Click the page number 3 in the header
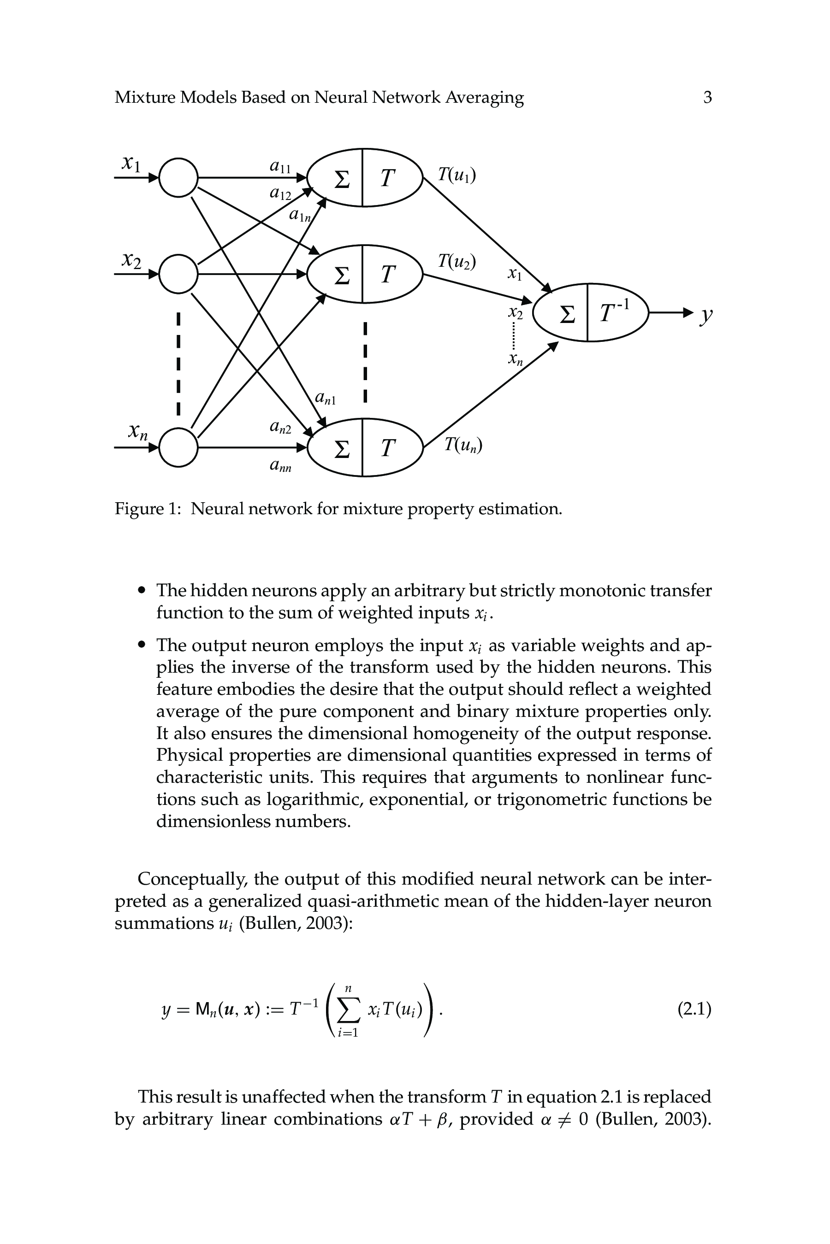pyautogui.click(x=707, y=97)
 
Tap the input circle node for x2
pyautogui.click(x=178, y=274)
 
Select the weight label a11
pyautogui.click(x=280, y=167)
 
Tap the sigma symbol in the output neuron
pyautogui.click(x=567, y=315)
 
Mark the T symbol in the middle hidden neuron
pyautogui.click(x=388, y=275)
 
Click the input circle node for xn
pyautogui.click(x=178, y=448)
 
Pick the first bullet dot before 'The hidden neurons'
pyautogui.click(x=142, y=591)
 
